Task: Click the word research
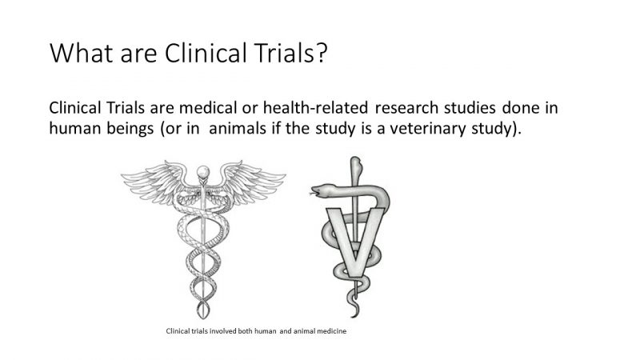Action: [425, 108]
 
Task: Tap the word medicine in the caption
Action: [328, 330]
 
